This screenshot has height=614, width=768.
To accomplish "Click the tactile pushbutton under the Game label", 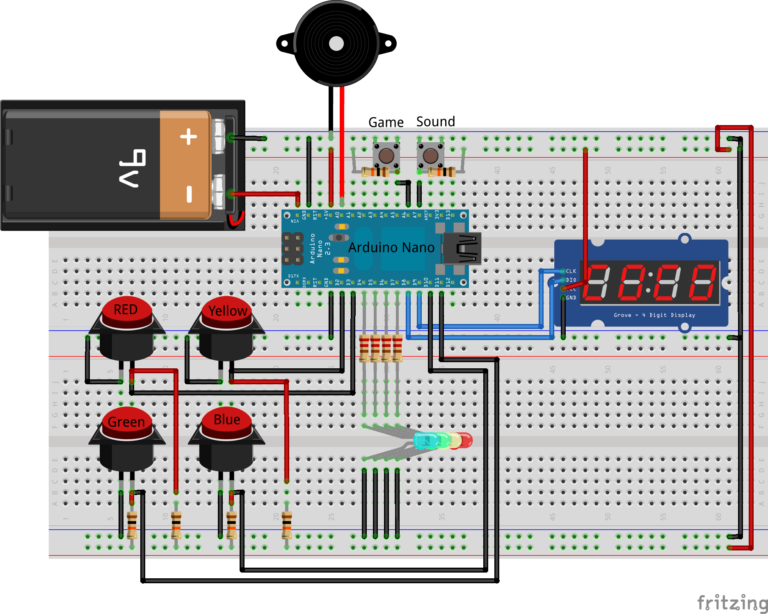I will point(386,156).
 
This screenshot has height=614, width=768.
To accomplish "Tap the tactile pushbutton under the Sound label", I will point(430,156).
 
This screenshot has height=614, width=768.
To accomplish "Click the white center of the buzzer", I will point(336,43).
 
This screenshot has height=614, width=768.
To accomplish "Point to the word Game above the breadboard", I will point(386,122).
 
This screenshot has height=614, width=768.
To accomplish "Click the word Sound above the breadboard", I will point(435,121).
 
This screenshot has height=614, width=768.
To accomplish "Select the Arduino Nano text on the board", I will point(391,247).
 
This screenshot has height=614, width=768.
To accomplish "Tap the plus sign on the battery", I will point(188,137).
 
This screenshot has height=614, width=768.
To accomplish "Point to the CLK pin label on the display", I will point(571,271).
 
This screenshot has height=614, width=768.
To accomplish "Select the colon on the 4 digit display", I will point(649,282).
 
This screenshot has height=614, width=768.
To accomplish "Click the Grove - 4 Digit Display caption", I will point(654,315).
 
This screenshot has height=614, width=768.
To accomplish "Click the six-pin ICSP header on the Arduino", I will point(292,249).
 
